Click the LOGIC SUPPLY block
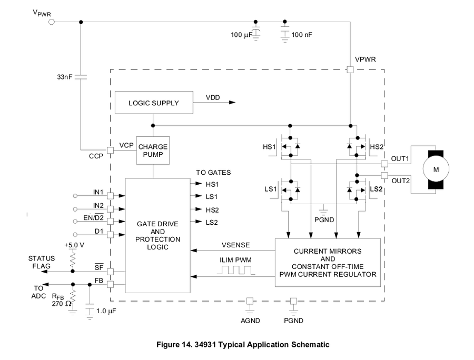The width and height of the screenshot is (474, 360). tap(153, 103)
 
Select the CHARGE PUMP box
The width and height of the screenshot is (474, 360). tap(153, 151)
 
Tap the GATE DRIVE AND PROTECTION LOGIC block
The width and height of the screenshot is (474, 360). tap(157, 235)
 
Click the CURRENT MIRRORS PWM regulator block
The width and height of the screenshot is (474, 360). tap(328, 262)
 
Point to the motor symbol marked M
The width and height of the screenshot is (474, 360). tap(436, 170)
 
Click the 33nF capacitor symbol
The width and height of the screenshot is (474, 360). tap(81, 76)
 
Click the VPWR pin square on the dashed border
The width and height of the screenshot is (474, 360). tap(350, 69)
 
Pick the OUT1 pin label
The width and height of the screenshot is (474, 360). tap(400, 158)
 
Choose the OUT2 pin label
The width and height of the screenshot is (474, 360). tap(400, 181)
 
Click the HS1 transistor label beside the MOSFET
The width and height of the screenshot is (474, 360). tap(269, 146)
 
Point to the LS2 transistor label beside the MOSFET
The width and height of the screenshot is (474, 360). tap(376, 188)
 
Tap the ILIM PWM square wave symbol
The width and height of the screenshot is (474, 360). tap(236, 271)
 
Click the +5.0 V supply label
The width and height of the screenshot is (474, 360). tap(73, 245)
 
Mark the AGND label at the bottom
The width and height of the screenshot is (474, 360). tap(250, 320)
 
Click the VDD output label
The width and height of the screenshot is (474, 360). tap(213, 98)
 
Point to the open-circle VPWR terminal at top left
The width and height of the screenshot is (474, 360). tap(52, 22)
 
